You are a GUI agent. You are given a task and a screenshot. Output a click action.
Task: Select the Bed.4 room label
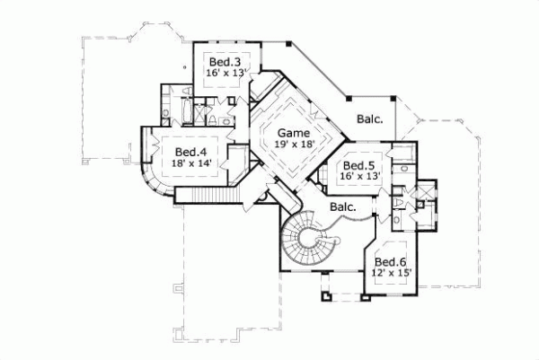point(191,152)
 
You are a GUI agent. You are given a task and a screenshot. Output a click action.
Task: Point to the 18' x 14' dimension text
point(191,164)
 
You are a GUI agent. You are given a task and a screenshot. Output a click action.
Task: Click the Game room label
point(280,130)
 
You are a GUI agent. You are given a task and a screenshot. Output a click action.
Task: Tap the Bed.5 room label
point(358,166)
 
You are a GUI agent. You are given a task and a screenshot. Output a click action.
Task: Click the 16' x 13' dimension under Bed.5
point(358,178)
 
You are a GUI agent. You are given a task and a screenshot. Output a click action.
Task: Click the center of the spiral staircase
point(308,240)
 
